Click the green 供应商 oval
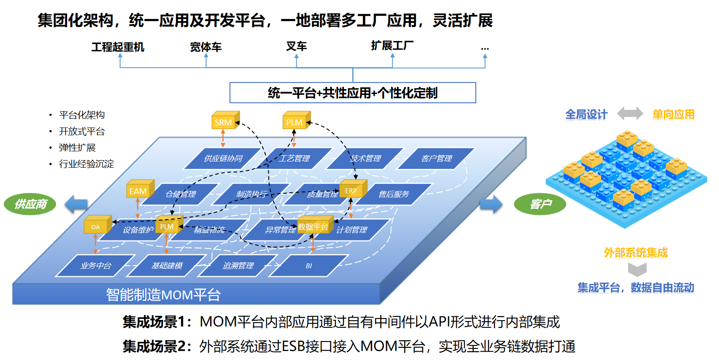[30, 204]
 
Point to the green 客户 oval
[540, 204]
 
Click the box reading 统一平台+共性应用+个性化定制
[353, 93]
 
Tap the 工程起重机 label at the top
[118, 47]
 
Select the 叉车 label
[296, 46]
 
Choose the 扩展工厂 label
[392, 45]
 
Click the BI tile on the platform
[309, 266]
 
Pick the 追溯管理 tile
[238, 266]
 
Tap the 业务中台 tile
[96, 266]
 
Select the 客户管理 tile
[437, 158]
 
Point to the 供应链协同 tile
[223, 158]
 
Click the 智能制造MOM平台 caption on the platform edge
[163, 294]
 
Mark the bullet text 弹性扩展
[77, 147]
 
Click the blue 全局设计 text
[586, 115]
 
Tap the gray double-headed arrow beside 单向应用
[630, 114]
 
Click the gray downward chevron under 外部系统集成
[637, 269]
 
